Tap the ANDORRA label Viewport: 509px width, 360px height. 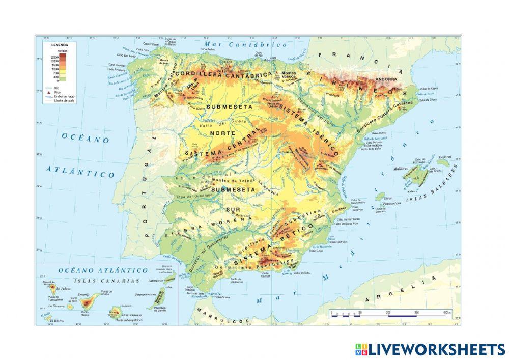point(385,80)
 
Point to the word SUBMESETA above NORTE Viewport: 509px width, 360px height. point(228,107)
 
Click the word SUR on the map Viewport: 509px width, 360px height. point(233,209)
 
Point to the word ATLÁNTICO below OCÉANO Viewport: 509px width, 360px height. point(81,171)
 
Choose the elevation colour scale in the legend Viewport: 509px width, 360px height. point(55,67)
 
